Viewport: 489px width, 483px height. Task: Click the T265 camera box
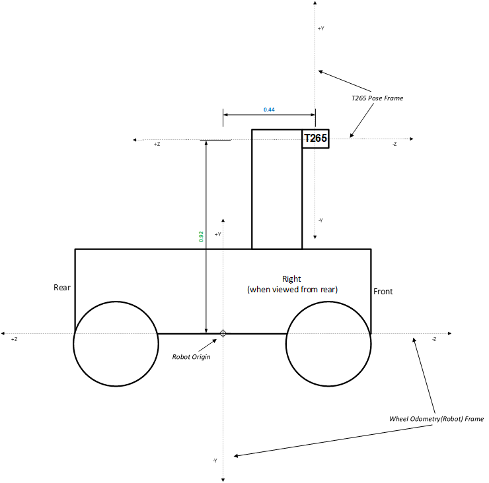click(x=315, y=139)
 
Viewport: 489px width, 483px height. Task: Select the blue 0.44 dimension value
click(x=269, y=109)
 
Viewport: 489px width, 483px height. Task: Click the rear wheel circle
click(x=116, y=343)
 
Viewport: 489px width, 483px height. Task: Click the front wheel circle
click(x=328, y=343)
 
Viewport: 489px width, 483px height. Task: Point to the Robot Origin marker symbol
click(x=223, y=333)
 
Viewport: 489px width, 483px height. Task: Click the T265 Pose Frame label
click(x=377, y=98)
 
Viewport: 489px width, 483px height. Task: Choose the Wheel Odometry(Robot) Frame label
click(x=437, y=419)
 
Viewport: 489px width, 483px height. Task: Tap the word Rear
click(x=62, y=288)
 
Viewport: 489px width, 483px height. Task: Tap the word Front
click(x=383, y=291)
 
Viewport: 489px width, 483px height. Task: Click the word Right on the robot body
click(x=291, y=279)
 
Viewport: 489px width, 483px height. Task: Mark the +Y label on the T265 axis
click(x=320, y=29)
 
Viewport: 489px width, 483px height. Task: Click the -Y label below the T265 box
click(x=320, y=220)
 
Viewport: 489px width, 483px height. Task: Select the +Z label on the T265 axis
click(x=157, y=144)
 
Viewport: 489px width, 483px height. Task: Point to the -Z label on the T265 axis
click(x=395, y=144)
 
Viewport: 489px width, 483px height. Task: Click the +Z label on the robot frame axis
click(x=14, y=338)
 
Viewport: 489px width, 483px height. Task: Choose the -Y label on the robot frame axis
click(x=215, y=460)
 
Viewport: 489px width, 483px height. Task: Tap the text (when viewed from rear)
click(x=292, y=289)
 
